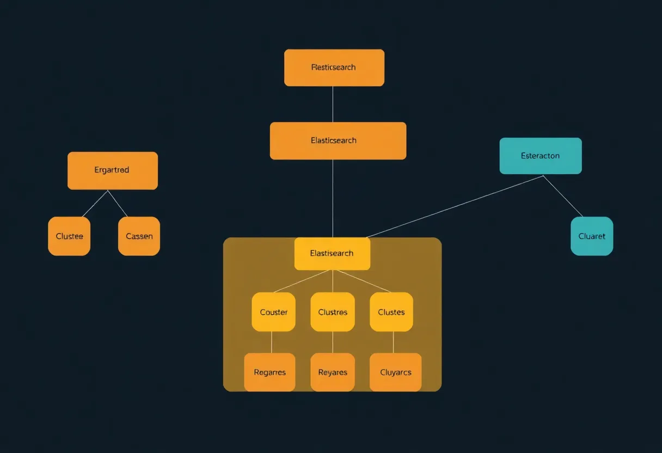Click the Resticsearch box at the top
[334, 68]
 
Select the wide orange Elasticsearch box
[338, 140]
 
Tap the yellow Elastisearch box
[332, 253]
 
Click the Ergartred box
[113, 170]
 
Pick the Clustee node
[69, 236]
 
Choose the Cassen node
[139, 236]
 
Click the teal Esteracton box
[541, 156]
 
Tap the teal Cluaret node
[592, 236]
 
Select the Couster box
[273, 312]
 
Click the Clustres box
[333, 312]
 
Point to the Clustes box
[391, 312]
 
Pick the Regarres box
[269, 372]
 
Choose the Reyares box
[333, 372]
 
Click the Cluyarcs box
[396, 372]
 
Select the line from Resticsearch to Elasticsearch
[333, 104]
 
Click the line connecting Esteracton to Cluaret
[563, 196]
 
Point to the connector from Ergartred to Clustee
[95, 204]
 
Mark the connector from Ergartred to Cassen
[118, 204]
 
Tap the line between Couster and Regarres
[271, 342]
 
